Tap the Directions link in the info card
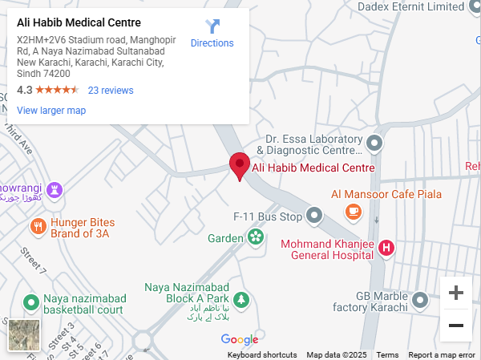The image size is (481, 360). click(x=212, y=34)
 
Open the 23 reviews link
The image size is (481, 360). click(x=111, y=91)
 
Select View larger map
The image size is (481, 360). click(x=51, y=111)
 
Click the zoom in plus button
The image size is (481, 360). click(x=456, y=293)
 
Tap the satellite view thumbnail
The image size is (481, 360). click(x=24, y=335)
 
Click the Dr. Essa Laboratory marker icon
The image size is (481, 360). click(x=374, y=144)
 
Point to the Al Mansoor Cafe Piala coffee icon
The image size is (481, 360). click(x=353, y=211)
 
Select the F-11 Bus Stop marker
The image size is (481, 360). click(x=314, y=216)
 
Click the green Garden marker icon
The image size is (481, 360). click(x=256, y=237)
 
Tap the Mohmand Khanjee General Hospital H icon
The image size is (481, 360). click(x=386, y=249)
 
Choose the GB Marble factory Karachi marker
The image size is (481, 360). click(x=420, y=301)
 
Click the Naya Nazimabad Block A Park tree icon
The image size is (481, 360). click(x=240, y=300)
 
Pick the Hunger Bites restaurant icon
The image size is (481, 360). click(x=37, y=227)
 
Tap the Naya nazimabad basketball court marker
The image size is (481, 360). click(x=31, y=303)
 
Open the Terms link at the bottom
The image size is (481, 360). click(x=387, y=355)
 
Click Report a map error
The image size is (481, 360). click(x=442, y=355)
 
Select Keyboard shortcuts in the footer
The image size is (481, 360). click(x=262, y=355)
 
